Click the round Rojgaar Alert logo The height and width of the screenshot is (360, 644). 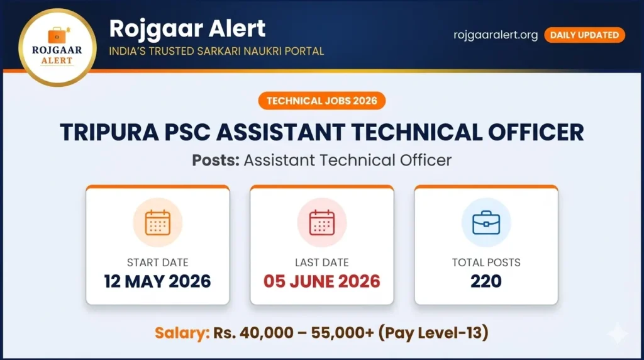point(57,47)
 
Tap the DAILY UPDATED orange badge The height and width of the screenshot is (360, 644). point(584,35)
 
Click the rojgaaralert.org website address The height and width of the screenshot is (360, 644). point(496,35)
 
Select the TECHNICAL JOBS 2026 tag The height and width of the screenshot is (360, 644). point(321,101)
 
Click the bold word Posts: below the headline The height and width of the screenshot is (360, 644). point(216,160)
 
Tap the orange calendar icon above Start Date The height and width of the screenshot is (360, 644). point(157,222)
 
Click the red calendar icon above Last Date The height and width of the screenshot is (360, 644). point(322,222)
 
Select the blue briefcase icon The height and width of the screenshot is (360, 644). point(486,222)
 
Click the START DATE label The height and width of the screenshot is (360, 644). point(157,262)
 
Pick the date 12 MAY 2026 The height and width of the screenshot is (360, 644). point(157,281)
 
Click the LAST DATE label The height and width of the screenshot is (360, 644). point(322,262)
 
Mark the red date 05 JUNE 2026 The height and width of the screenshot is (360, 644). point(322,281)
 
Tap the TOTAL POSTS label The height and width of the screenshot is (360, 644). point(486,262)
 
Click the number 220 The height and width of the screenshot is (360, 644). point(486,281)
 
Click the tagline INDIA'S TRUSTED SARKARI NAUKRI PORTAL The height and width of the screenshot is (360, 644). point(216,51)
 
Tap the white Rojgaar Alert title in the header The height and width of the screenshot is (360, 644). point(187,28)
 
